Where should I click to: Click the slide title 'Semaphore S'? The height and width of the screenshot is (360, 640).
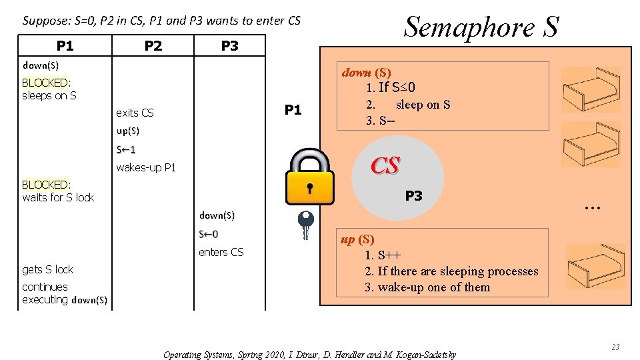481,27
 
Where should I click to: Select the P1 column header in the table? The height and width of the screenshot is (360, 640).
65,45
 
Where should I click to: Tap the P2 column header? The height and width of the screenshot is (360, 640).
153,45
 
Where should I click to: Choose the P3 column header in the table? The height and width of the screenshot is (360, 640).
229,45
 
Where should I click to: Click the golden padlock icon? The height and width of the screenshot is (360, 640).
309,177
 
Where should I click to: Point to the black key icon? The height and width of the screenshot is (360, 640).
305,225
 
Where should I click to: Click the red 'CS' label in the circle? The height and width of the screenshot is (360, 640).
385,165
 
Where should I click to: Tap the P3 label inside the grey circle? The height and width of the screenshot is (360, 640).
413,196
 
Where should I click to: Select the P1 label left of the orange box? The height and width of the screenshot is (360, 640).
293,110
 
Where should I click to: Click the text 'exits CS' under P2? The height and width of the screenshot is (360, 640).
135,113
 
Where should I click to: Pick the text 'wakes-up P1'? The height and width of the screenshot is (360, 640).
146,167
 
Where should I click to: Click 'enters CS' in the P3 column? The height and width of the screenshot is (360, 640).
221,252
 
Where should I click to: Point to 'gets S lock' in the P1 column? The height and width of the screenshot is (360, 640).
47,269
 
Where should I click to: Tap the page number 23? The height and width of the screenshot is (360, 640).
615,347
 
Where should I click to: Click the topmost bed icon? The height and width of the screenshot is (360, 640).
591,89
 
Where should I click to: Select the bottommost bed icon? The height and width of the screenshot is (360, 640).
595,267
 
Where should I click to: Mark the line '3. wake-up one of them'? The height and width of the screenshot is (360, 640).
427,287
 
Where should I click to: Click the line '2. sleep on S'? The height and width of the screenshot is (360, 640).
408,105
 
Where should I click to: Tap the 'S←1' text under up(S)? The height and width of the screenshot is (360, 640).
125,149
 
